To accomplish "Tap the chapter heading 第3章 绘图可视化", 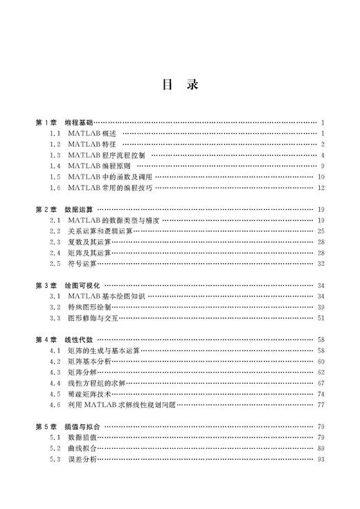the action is [68, 285].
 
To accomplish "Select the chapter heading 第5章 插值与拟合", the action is [68, 427].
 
